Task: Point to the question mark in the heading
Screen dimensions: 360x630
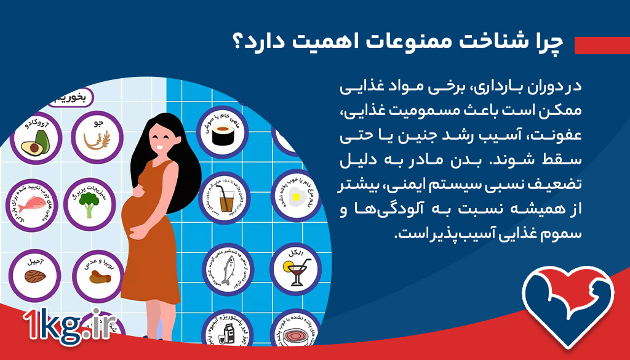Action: [237, 43]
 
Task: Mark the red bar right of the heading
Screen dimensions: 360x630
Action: [600, 45]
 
